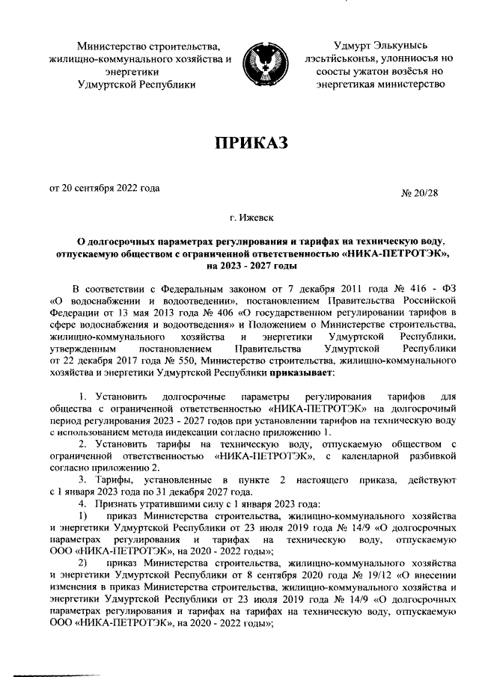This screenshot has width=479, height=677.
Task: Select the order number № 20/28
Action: tap(420, 193)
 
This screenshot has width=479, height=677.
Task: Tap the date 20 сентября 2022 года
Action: tap(104, 188)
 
